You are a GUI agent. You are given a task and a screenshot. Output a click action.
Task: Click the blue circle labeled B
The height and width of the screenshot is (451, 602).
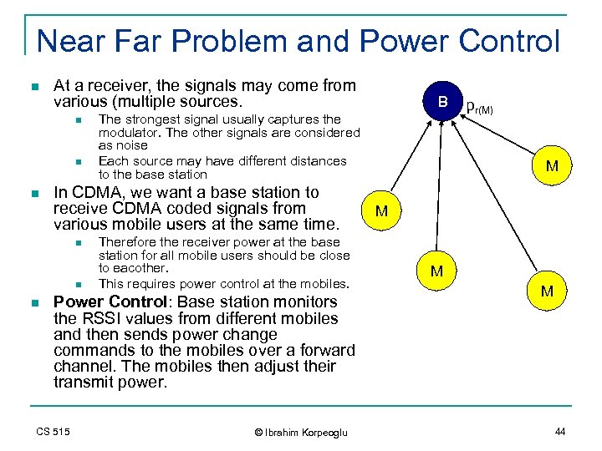[443, 103]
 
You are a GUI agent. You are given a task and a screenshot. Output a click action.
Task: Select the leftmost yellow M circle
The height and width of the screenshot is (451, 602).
[381, 211]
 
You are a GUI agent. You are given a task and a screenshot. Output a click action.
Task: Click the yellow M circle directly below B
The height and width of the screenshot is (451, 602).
[436, 271]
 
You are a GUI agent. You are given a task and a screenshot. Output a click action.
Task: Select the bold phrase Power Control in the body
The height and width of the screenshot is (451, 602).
[99, 302]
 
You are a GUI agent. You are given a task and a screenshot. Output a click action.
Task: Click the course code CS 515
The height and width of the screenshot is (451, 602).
[54, 431]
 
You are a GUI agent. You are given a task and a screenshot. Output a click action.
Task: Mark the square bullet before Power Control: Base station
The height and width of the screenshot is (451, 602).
[33, 302]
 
